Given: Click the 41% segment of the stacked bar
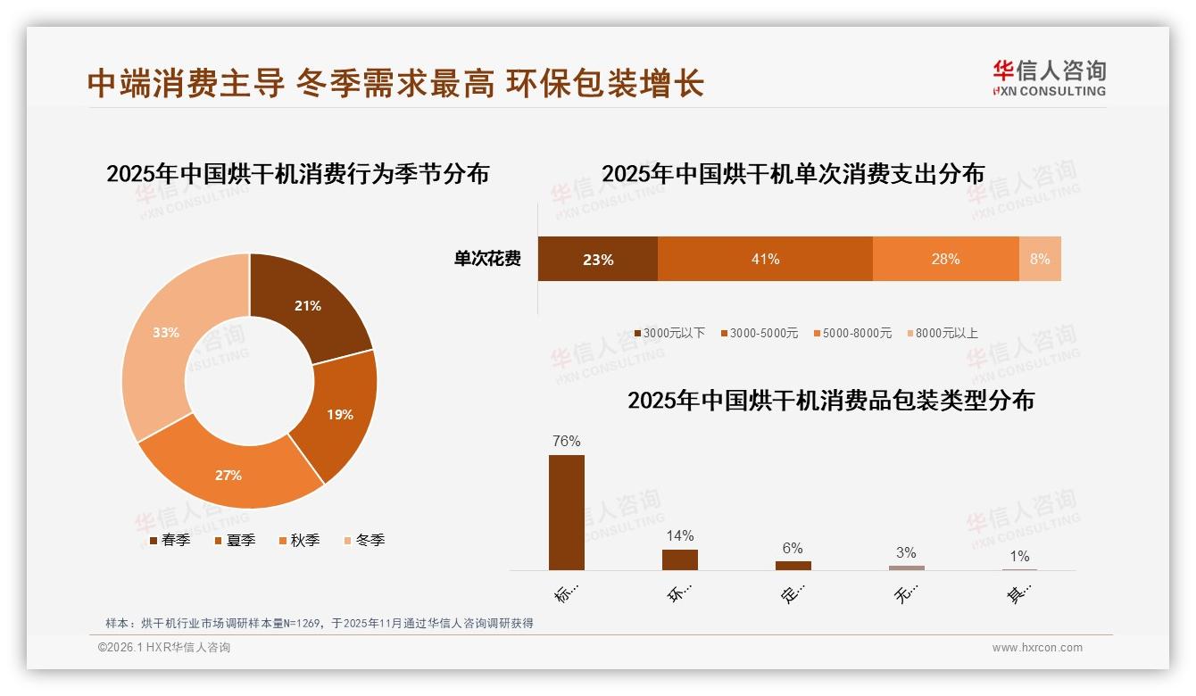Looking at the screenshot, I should tap(765, 259).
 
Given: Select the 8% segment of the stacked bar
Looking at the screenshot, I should tap(1040, 259).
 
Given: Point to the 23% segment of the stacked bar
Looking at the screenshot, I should tap(597, 259).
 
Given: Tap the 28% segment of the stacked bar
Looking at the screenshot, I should tap(945, 259).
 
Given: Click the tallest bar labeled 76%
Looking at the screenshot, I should tap(567, 512).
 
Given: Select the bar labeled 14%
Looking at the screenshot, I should tap(680, 559).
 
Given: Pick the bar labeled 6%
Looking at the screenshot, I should tap(793, 565).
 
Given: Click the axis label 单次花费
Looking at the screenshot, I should tap(487, 259).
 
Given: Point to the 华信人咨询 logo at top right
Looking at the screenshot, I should tap(1049, 77).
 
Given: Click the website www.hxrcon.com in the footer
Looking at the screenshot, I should tap(1037, 648).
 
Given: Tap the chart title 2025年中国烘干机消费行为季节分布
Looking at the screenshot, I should tap(298, 173).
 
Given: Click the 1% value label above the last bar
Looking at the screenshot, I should tap(1019, 557).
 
